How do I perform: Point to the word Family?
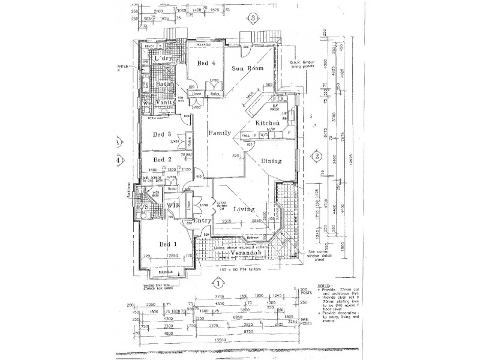coord(219,133)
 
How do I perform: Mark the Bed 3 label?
coord(162,134)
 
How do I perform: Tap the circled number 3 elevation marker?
coord(254,19)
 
